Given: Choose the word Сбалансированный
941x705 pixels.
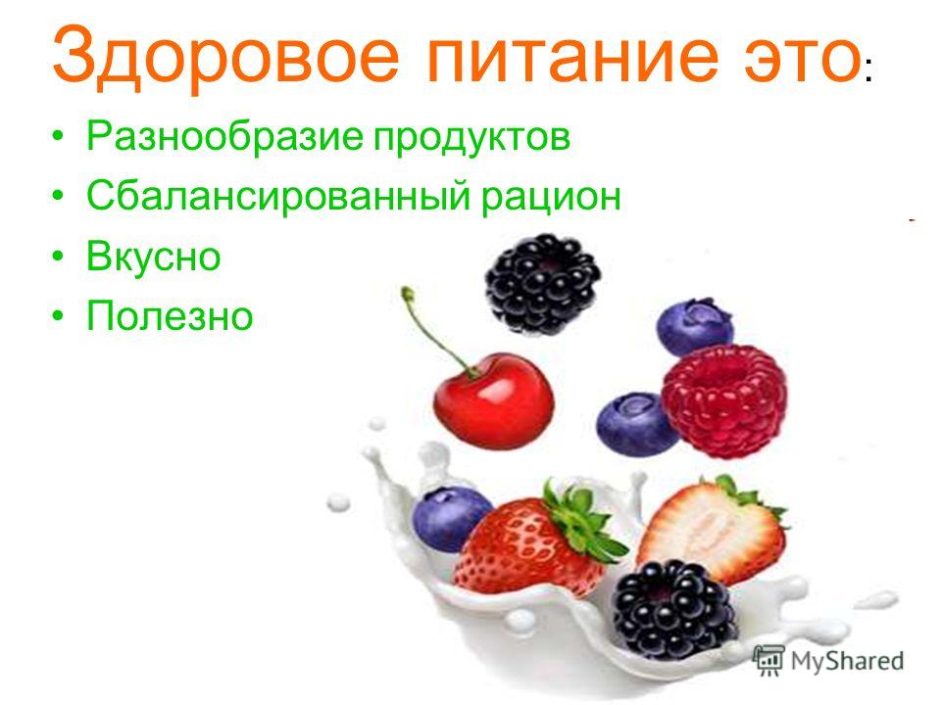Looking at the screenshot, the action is click(278, 196).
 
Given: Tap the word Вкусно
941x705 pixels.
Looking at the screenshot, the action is click(154, 257).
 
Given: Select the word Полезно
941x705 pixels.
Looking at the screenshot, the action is click(170, 315).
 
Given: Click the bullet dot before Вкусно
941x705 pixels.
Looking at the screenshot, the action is click(58, 256).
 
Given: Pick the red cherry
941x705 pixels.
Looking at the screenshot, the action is click(493, 400).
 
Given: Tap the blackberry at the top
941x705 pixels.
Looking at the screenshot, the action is click(542, 284).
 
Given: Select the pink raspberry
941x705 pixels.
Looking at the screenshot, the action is click(724, 399).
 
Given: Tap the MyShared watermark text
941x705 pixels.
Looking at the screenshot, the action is click(847, 661).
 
